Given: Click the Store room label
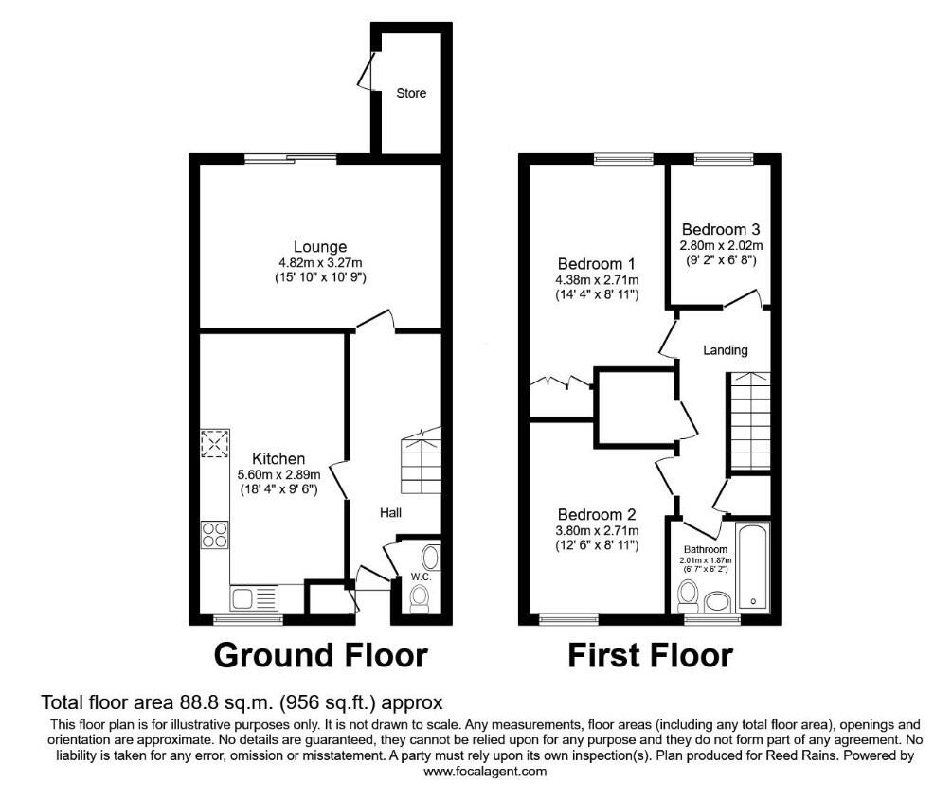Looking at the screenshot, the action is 411,93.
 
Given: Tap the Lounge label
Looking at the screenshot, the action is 320,247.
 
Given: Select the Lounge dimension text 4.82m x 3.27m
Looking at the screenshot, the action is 320,262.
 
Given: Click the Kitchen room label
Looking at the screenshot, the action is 278,458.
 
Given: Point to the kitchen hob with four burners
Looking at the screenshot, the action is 215,535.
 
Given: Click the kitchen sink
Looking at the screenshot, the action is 254,597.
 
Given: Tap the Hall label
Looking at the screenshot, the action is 390,513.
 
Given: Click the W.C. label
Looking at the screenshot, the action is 421,577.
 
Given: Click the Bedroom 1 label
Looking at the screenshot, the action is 596,264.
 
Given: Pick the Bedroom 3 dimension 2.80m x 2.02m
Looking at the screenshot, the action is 721,246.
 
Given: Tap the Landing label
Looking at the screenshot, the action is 725,350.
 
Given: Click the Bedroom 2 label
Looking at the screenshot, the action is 596,514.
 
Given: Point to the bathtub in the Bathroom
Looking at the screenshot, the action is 753,567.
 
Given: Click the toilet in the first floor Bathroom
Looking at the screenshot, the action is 688,597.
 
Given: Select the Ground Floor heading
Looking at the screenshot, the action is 320,656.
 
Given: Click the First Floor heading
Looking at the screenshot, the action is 650,656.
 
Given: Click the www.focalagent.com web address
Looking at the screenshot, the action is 485,772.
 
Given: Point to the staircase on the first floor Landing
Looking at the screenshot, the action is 750,421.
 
